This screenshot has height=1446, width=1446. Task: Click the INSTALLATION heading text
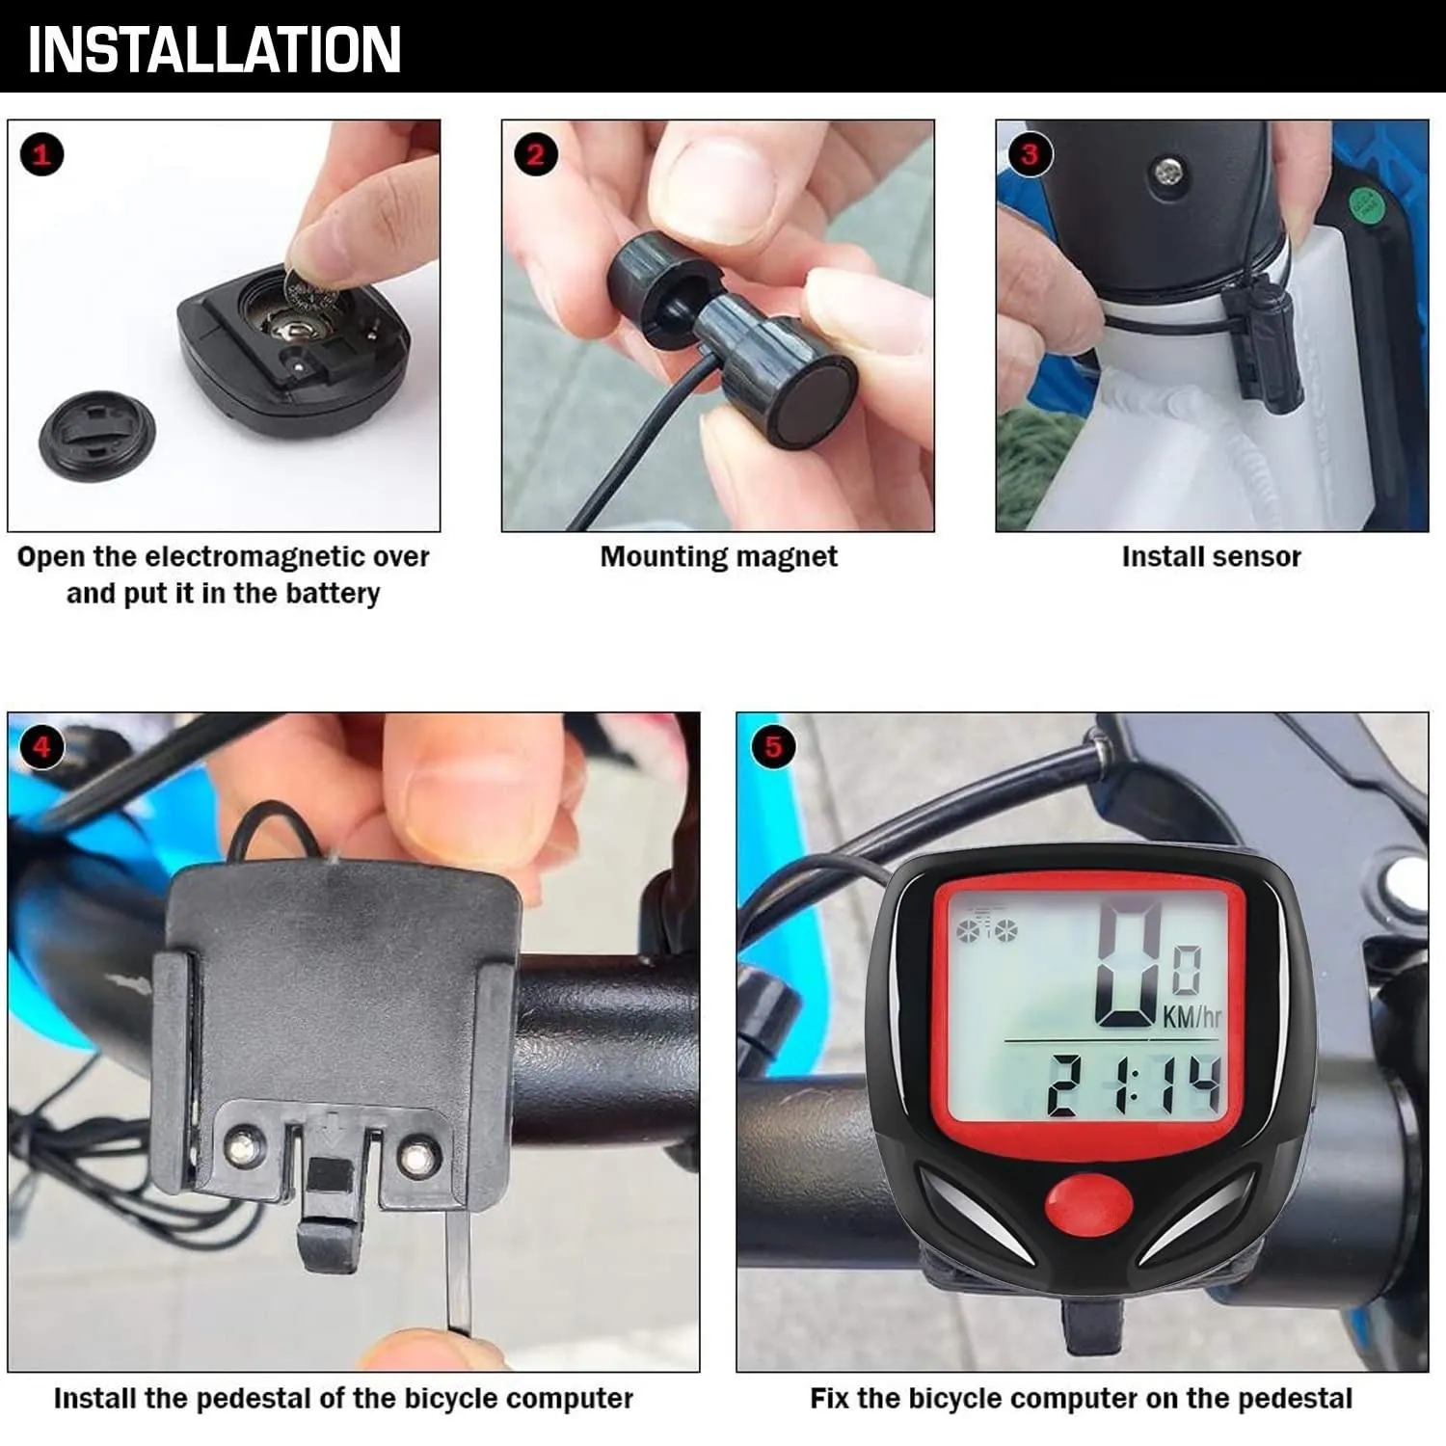point(214,50)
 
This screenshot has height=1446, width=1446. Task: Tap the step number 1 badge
point(41,154)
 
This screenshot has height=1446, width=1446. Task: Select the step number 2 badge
point(535,154)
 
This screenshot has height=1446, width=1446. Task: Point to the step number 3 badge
point(1030,154)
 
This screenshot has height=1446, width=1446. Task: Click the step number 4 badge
point(41,746)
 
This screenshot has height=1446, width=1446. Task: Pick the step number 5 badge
point(773,746)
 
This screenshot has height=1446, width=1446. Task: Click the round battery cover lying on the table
point(96,436)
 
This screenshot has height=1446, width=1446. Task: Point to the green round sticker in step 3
point(1365,203)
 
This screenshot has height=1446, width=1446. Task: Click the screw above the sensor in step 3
point(1166,174)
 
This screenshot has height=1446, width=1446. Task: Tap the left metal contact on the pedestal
point(245,1145)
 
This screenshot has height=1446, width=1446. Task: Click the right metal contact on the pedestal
point(417,1155)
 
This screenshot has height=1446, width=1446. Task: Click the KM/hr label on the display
point(1192,1016)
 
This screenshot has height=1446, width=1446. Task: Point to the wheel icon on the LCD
point(986,927)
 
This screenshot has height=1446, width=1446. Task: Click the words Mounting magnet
point(718,557)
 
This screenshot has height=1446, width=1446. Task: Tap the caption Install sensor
point(1211,556)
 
